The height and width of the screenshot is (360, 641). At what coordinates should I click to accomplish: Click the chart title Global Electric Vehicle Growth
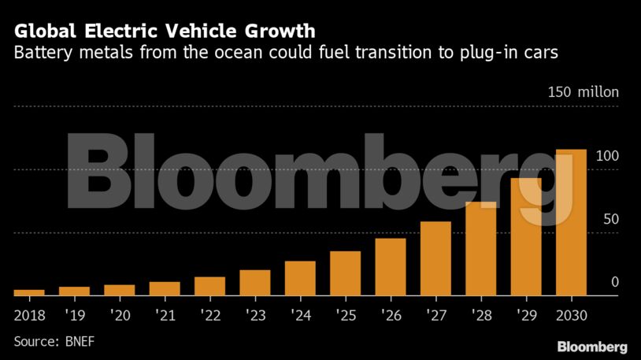(164, 32)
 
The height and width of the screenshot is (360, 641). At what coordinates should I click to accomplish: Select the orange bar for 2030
(571, 222)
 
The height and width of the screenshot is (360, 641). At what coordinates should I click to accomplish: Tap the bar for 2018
(29, 291)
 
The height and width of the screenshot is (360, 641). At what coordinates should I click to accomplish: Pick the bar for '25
(345, 273)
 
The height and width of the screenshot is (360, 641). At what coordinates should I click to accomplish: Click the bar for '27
(435, 258)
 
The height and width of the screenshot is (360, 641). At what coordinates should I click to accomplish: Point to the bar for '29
(526, 236)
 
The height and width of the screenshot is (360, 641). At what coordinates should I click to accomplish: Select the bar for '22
(209, 285)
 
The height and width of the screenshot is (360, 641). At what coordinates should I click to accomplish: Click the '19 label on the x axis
(74, 316)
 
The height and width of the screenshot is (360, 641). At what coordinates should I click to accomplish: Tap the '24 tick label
(300, 316)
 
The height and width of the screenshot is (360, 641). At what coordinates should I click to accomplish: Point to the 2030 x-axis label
(571, 316)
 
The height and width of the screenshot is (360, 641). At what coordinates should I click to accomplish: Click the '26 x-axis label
(391, 316)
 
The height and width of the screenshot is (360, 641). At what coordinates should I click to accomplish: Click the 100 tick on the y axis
(607, 156)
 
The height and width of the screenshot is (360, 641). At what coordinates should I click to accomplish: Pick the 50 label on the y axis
(610, 219)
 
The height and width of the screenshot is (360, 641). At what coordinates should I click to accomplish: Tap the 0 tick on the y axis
(615, 282)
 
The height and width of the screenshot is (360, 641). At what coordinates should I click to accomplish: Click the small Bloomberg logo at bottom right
(591, 347)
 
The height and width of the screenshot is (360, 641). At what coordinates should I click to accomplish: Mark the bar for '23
(254, 282)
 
